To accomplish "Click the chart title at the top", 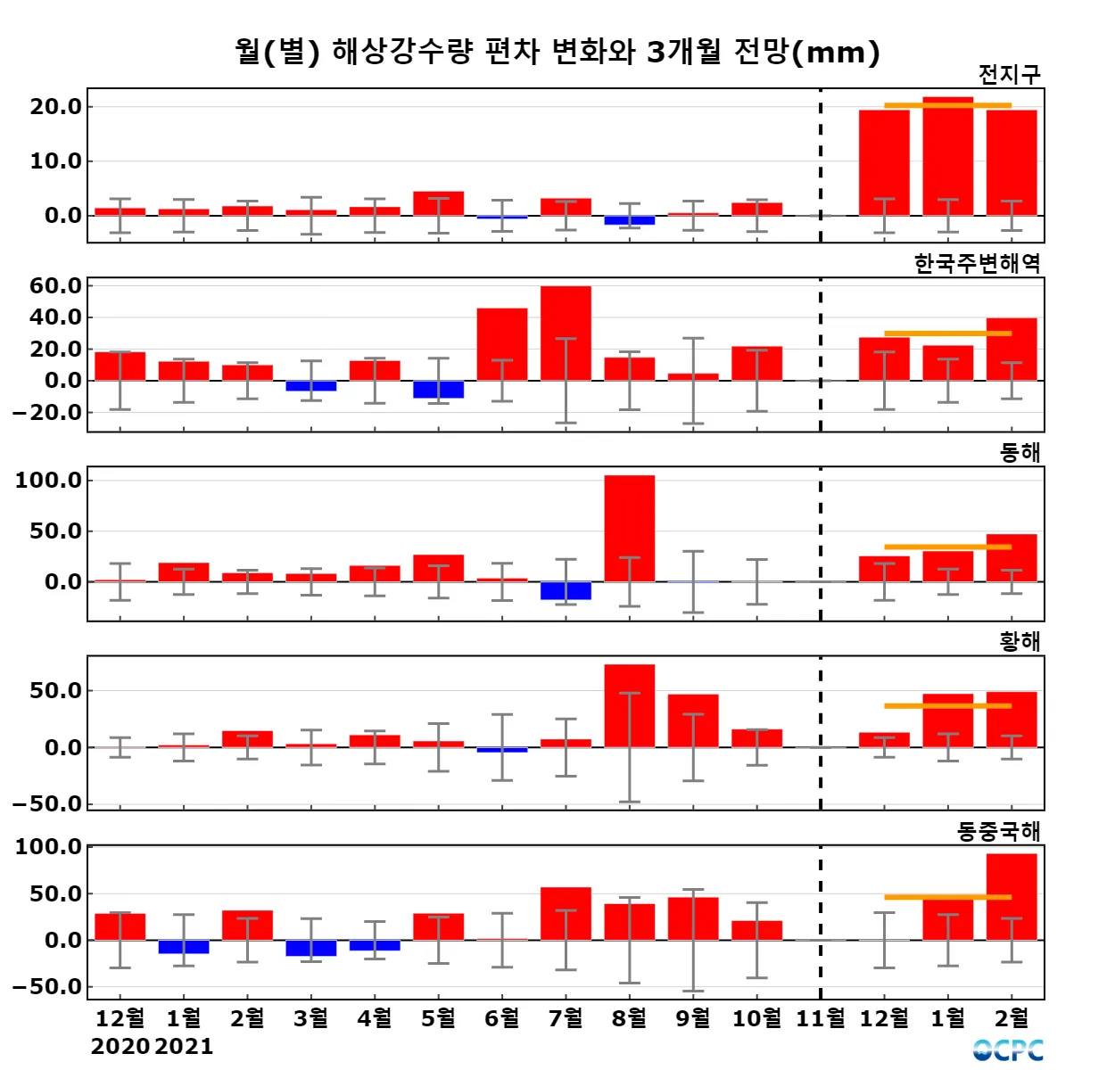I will (557, 52).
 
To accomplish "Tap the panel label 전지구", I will (1009, 75).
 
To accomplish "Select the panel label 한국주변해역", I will (977, 264).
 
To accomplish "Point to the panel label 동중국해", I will (998, 832).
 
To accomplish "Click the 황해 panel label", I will (1020, 642).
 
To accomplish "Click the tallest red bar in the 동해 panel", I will (629, 528).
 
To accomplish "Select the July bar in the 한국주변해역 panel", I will (566, 333).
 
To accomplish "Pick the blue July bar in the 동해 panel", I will (566, 590).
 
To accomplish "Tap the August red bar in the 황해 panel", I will (629, 705).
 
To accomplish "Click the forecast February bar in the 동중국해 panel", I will (1012, 896).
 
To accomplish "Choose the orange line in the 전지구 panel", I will (947, 105).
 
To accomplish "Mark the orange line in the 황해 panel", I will (947, 706).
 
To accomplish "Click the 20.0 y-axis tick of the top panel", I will (55, 107).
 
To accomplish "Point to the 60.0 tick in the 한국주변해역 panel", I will (55, 286).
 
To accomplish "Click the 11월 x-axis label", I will (821, 1018).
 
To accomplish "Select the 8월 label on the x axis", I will (629, 1018).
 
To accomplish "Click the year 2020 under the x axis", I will (120, 1047).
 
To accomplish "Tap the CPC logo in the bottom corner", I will (1008, 1050).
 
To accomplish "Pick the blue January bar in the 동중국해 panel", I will (184, 947).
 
